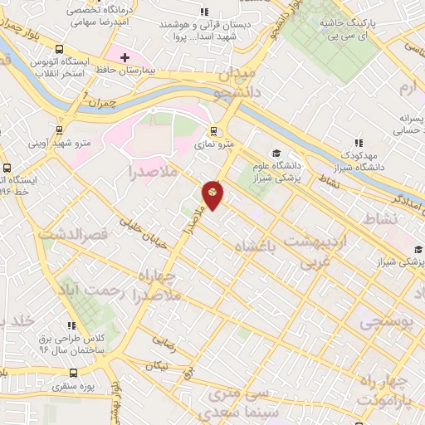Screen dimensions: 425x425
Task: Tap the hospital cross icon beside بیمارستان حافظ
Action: (124, 57)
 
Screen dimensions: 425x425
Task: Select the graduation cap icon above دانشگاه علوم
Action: (276, 154)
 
